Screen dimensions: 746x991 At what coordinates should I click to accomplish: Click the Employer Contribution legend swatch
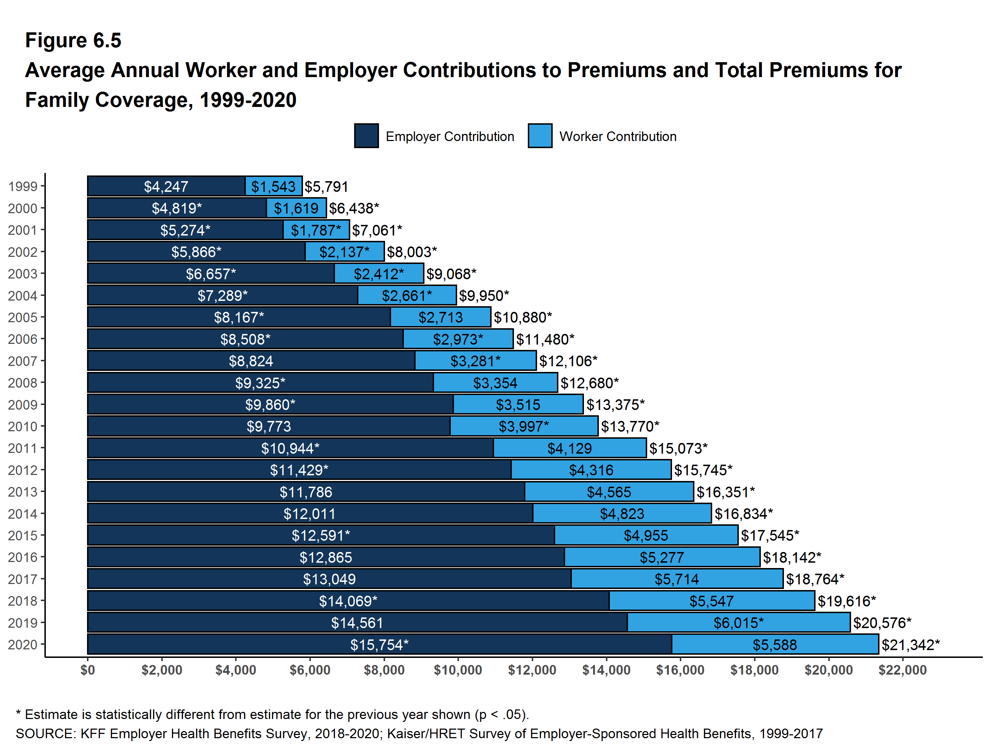click(x=366, y=136)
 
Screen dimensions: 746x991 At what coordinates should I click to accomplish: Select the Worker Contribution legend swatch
click(x=540, y=136)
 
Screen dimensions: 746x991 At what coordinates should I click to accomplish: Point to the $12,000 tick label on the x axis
click(x=532, y=670)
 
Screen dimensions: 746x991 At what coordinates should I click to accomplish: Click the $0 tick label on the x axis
click(x=87, y=670)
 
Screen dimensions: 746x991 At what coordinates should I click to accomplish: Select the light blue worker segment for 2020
click(x=775, y=644)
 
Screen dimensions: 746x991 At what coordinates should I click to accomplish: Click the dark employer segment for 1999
click(x=166, y=186)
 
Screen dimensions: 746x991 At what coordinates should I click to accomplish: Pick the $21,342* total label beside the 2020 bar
click(x=910, y=644)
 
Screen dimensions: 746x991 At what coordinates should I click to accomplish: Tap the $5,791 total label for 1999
click(x=326, y=186)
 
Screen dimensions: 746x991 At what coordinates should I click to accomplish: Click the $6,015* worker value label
click(x=738, y=622)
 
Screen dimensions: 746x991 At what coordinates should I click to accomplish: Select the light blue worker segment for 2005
click(x=440, y=317)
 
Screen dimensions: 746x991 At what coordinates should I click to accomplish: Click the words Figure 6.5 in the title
click(x=73, y=40)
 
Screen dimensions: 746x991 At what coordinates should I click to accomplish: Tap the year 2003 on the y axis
click(x=22, y=274)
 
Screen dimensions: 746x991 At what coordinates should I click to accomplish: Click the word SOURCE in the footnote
click(x=45, y=734)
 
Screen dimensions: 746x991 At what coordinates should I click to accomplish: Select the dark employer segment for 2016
click(x=326, y=557)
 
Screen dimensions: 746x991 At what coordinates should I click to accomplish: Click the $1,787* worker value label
click(x=316, y=230)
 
